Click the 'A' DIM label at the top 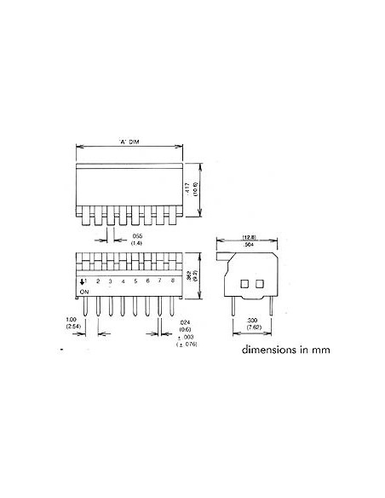(x=130, y=142)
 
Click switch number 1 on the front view (x=86, y=281)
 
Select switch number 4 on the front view (x=124, y=281)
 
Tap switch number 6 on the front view (x=148, y=281)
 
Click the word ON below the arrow (x=83, y=292)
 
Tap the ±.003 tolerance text (x=187, y=339)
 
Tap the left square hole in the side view (x=244, y=282)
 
